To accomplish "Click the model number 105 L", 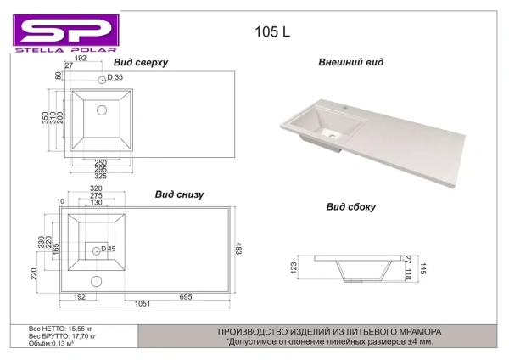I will [272, 32].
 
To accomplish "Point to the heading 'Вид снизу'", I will [179, 194].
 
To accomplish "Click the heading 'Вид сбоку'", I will [350, 206].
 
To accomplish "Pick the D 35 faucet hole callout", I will [115, 78].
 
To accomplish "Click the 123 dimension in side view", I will [293, 270].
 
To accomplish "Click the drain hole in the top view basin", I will [102, 110].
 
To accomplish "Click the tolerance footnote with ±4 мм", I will [329, 341].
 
